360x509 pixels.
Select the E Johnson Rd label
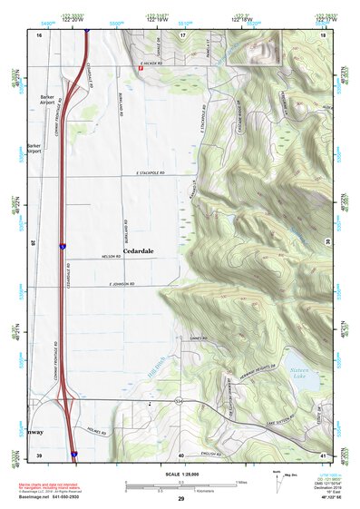pos(121,285)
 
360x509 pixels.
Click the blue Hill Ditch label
pos(155,367)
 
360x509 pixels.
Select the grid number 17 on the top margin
pos(182,34)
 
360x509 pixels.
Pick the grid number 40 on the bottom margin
pos(181,455)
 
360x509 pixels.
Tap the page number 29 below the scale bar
pos(181,500)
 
